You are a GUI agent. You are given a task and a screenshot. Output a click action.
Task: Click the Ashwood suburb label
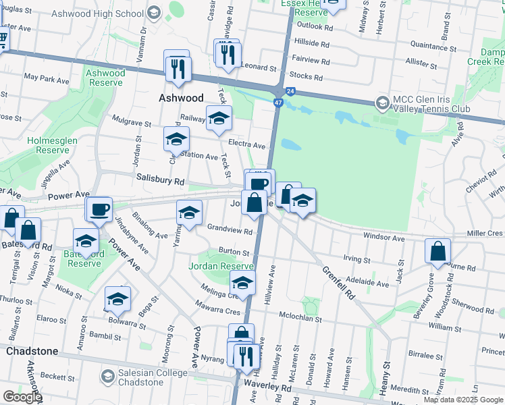181,98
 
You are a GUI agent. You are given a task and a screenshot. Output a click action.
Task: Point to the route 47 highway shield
278,102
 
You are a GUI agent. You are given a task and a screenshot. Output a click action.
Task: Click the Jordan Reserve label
221,266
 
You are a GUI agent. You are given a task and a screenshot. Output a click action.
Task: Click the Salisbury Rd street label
160,182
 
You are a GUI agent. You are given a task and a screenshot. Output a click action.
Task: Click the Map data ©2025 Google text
463,400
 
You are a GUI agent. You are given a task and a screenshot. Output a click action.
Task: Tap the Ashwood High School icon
154,12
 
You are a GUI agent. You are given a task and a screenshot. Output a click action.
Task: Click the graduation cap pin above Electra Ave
219,119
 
